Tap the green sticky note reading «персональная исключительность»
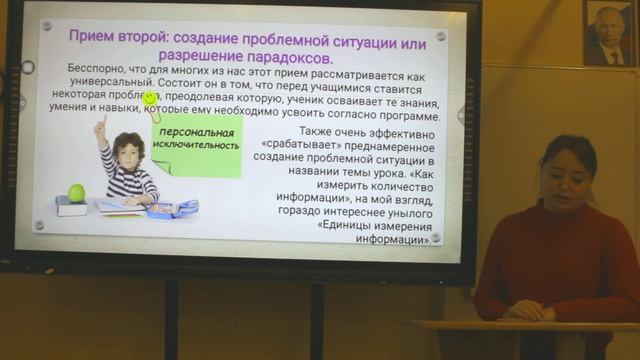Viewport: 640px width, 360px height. [x=197, y=139]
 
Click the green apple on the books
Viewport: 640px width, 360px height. [x=76, y=192]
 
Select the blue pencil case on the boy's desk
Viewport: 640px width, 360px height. [x=174, y=208]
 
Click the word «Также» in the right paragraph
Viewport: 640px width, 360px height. [x=319, y=132]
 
